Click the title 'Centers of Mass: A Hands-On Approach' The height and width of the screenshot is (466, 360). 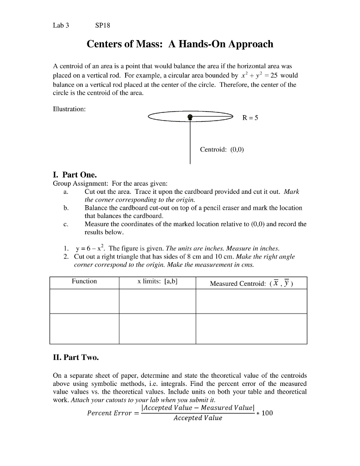point(180,44)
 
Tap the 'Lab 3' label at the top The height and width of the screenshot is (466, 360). point(61,25)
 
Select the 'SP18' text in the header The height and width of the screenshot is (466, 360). point(103,25)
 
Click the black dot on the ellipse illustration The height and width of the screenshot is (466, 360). point(190,117)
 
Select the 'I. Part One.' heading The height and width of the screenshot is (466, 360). point(75,175)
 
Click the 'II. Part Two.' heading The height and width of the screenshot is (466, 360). point(76,357)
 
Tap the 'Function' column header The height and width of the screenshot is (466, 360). point(84,281)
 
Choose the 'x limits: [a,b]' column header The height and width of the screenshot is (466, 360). point(157,281)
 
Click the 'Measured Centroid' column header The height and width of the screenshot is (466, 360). point(251,284)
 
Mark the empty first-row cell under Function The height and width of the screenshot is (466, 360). point(84,301)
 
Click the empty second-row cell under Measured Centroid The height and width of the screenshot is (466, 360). point(251,328)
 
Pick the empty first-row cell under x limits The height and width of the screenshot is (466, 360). point(157,301)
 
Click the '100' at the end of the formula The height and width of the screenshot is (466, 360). point(268,413)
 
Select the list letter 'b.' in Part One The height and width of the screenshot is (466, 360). point(66,208)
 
